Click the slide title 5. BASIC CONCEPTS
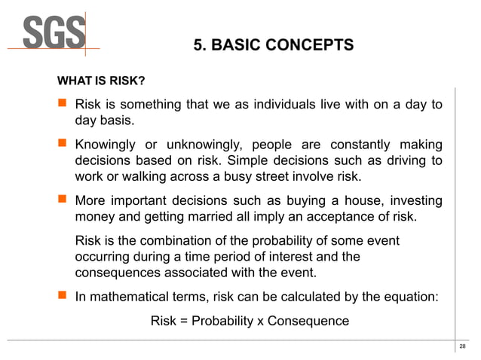273,45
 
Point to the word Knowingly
106,145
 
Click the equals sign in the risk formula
184,322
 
